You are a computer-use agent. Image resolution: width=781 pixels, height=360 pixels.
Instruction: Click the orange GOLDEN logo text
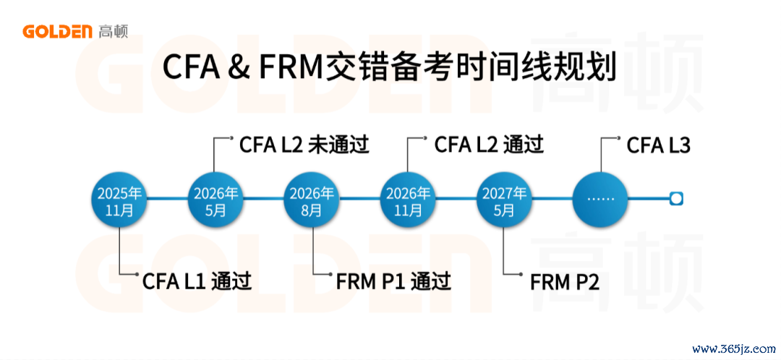pos(58,32)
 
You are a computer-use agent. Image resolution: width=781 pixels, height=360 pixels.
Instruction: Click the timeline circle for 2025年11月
pos(119,199)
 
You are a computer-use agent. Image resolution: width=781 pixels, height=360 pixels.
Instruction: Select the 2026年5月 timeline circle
pos(215,199)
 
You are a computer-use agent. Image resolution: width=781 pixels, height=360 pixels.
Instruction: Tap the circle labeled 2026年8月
pos(312,199)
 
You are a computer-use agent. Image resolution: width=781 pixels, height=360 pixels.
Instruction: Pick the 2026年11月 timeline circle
pos(408,199)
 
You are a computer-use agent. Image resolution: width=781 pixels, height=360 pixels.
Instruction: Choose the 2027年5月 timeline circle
pos(504,199)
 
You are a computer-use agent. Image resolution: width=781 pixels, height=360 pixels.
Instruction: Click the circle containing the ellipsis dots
pos(600,199)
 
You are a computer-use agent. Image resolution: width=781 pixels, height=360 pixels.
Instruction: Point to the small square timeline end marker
pos(676,199)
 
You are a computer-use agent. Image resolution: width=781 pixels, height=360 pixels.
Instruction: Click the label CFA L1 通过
pos(197,281)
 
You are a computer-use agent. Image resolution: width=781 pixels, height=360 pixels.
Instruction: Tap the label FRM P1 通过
pos(393,281)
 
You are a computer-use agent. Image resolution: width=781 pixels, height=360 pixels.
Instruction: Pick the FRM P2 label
pos(564,281)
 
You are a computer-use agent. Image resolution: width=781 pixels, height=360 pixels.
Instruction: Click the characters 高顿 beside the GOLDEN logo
pos(114,32)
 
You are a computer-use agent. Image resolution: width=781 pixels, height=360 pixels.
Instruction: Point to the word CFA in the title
pos(191,68)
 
